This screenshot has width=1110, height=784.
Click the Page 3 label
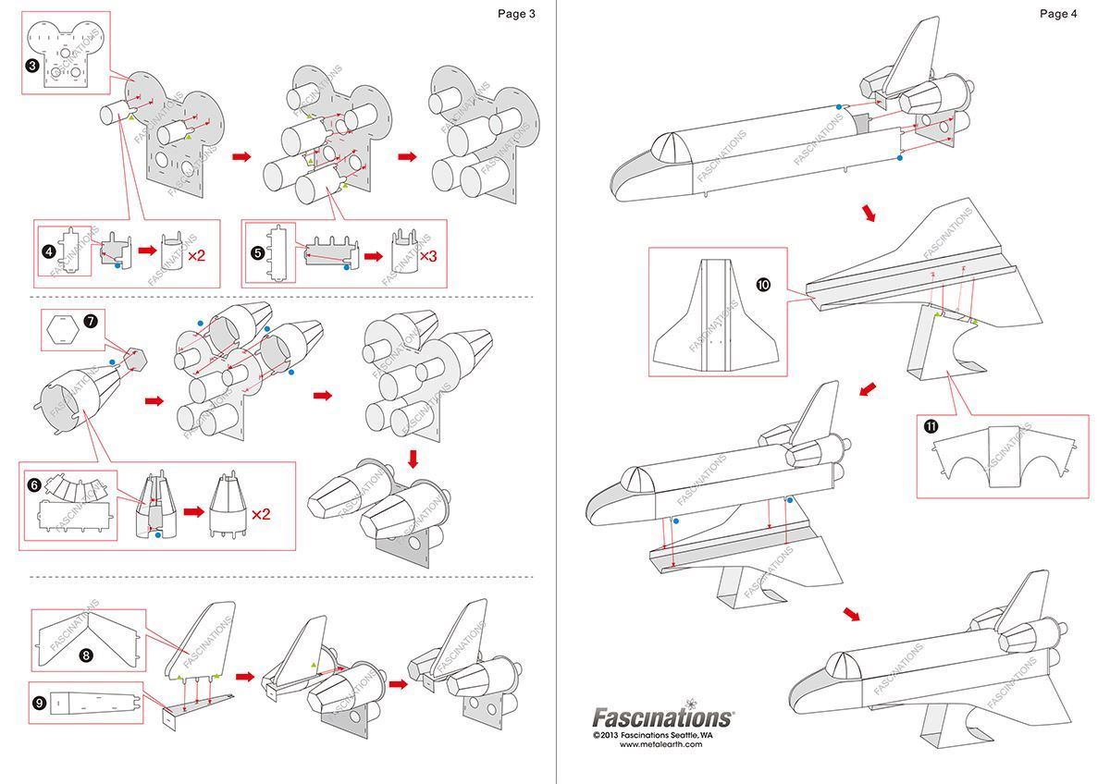click(x=516, y=13)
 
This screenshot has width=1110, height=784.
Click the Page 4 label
click(x=1058, y=13)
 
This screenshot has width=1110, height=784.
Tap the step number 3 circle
click(x=32, y=66)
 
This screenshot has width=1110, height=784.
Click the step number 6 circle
click(x=33, y=484)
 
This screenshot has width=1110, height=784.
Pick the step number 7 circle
click(x=90, y=322)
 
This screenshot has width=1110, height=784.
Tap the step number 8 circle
click(x=86, y=655)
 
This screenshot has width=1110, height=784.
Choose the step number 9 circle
click(x=40, y=703)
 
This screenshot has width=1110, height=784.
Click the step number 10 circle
click(x=763, y=285)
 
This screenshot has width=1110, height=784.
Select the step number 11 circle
click(x=931, y=425)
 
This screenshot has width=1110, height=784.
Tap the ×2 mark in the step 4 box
click(x=196, y=253)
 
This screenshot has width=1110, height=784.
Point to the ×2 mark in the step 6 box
click(x=261, y=513)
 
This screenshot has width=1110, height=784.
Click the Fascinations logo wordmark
click(x=662, y=717)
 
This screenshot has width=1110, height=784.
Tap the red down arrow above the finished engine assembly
click(x=413, y=458)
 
